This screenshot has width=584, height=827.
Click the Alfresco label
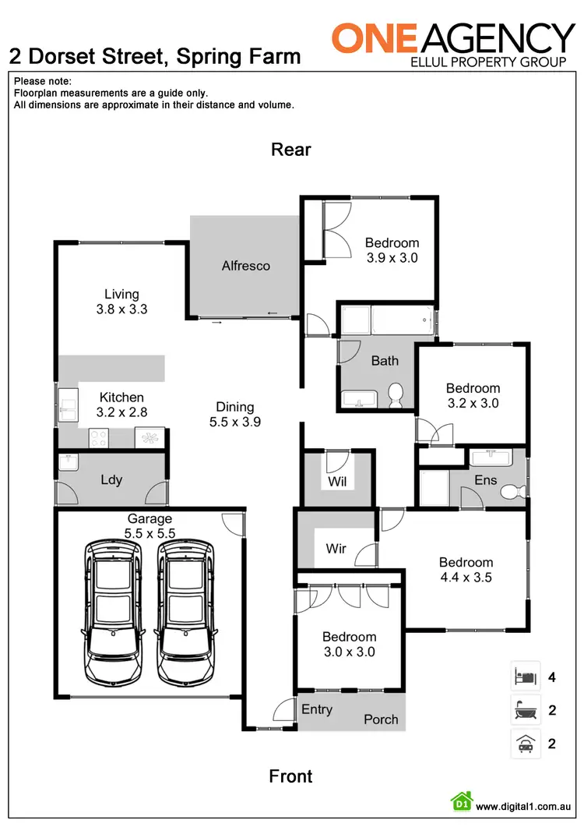tap(246, 266)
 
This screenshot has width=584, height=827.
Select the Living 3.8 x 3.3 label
tap(121, 301)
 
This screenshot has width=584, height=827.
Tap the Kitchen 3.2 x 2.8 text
tap(121, 405)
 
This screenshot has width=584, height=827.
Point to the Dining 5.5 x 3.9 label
tap(235, 414)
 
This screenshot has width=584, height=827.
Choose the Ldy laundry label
tap(111, 479)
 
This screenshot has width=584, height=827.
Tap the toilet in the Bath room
tap(396, 394)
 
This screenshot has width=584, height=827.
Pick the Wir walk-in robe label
tap(336, 549)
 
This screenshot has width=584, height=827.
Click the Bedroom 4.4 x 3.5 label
tap(466, 570)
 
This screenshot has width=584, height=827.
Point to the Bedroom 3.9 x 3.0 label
tap(392, 249)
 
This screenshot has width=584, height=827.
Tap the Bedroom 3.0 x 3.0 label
tap(350, 644)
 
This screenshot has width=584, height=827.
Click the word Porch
tap(381, 719)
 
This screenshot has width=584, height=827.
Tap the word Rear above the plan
tap(291, 149)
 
